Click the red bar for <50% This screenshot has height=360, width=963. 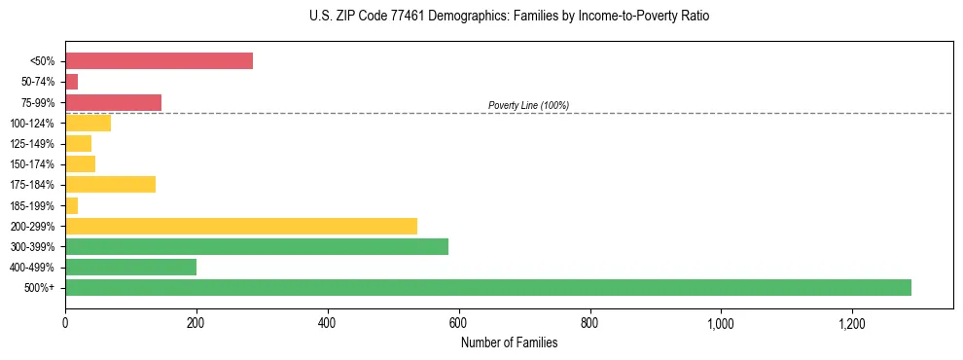pos(159,61)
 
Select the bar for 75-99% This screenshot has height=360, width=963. pos(113,102)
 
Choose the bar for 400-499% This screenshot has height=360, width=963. pos(130,267)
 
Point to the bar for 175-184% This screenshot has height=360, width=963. pos(110,185)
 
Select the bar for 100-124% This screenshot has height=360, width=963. pos(88,123)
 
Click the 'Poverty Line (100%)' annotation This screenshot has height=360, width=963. pos(528,105)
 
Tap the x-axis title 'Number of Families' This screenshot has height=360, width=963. pos(509,342)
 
